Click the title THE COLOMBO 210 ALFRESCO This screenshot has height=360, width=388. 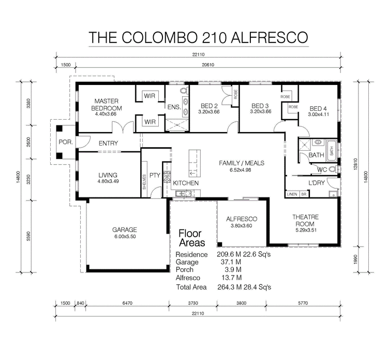[x=198, y=38]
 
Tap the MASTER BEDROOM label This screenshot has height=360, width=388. [x=107, y=105]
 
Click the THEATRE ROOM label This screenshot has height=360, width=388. [x=305, y=220]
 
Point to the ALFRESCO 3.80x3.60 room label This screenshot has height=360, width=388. [x=242, y=222]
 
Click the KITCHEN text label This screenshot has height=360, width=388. [x=186, y=183]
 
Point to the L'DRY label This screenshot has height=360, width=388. [x=316, y=183]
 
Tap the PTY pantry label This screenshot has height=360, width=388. [x=155, y=175]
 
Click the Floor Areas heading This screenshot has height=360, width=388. [x=191, y=238]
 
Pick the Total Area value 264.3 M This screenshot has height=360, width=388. [x=229, y=287]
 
